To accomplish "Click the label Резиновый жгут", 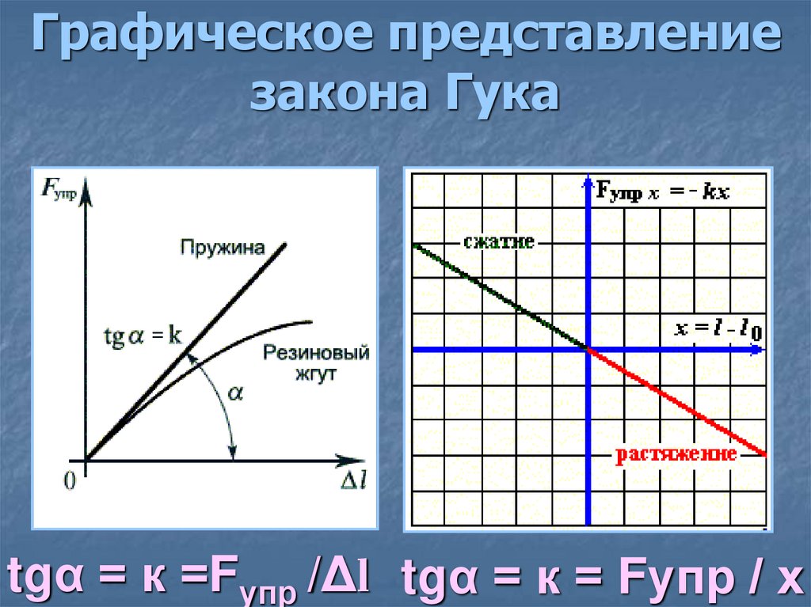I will coord(316,362).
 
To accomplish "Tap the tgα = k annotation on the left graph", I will coord(143,336).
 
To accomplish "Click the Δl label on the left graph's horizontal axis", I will coord(352,482).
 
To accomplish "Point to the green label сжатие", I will coord(499,243).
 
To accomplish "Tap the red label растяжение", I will coord(677,454).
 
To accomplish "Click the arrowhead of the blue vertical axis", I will coord(588,183).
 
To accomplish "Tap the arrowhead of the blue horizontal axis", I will coord(760,349).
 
